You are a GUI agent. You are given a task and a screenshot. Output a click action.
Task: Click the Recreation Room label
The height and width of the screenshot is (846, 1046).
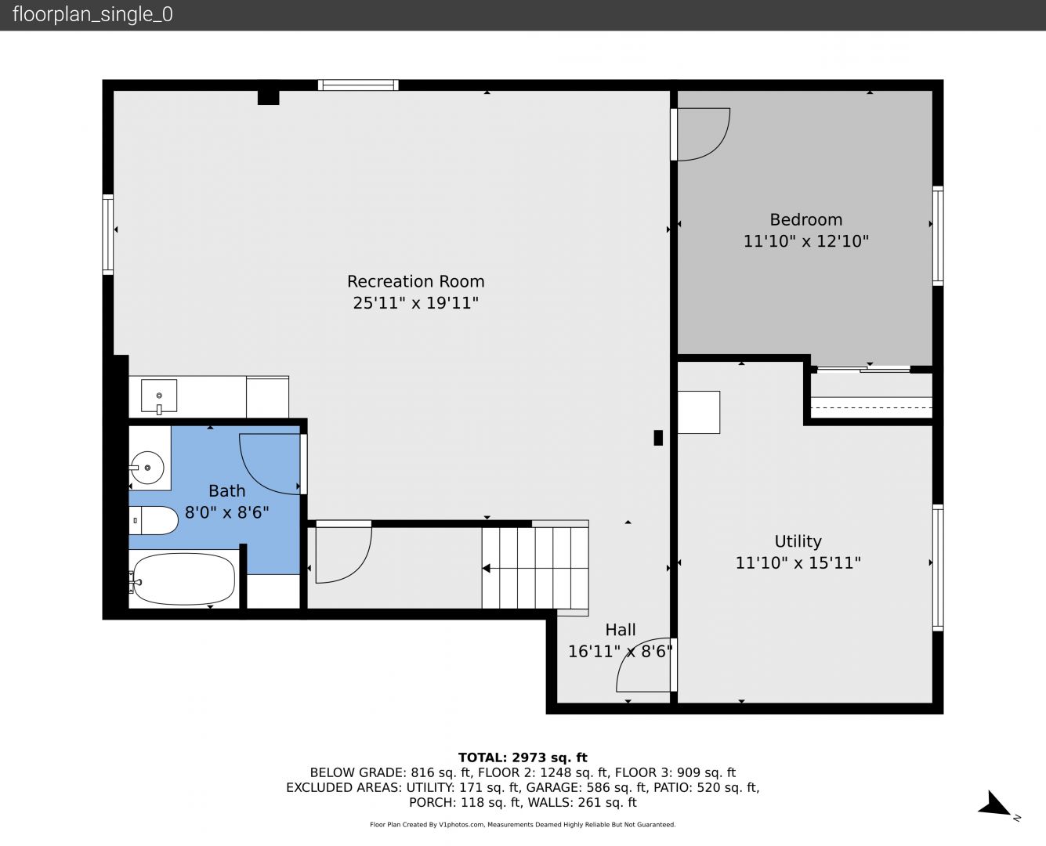415,281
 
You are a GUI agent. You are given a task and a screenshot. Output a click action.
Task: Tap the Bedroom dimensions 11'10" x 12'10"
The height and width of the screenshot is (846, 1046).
806,241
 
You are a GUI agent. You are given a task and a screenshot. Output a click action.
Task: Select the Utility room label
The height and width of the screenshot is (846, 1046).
798,541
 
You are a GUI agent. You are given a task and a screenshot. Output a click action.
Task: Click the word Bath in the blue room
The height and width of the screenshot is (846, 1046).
227,490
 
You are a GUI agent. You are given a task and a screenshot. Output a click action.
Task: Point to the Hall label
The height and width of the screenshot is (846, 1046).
621,630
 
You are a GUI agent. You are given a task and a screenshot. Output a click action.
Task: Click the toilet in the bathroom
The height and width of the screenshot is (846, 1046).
154,520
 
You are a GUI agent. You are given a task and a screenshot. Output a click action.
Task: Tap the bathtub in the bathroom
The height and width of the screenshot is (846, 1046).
183,579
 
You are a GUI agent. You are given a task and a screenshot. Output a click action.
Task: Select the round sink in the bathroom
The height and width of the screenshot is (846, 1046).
147,468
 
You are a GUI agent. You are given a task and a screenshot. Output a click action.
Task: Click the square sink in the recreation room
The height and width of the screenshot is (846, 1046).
158,396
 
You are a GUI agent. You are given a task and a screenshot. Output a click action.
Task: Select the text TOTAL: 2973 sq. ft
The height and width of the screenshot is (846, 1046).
523,757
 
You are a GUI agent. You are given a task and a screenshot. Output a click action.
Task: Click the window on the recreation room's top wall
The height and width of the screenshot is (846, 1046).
358,85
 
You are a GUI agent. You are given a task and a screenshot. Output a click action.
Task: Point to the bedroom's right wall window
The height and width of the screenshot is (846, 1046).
937,236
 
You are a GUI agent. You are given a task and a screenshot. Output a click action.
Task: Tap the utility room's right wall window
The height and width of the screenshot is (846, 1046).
937,568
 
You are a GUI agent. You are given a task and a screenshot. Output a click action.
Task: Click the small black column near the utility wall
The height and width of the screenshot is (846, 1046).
658,437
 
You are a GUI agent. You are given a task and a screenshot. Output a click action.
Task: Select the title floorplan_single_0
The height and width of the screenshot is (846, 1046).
92,15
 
